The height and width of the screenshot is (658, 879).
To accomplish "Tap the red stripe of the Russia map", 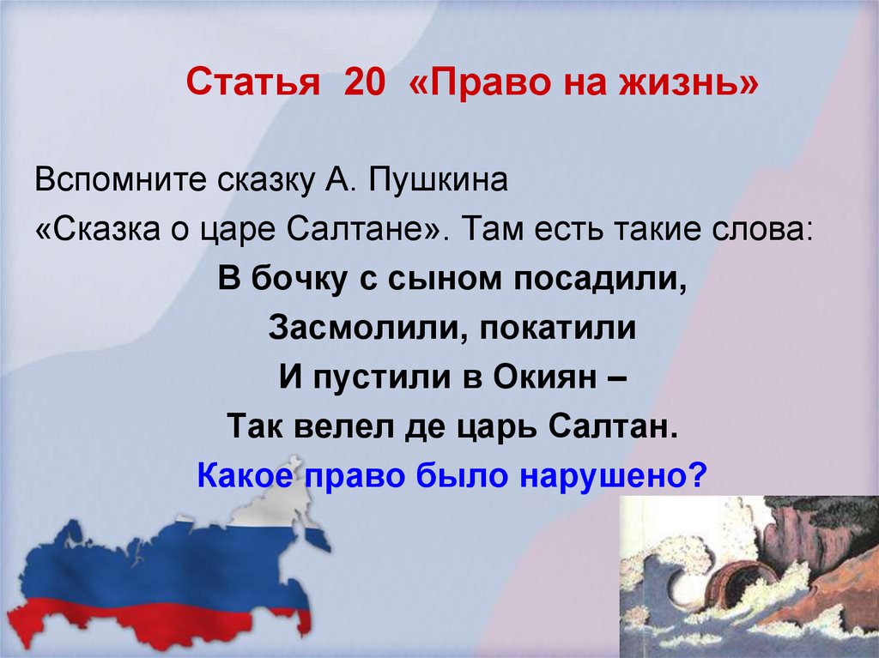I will click(155, 614).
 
